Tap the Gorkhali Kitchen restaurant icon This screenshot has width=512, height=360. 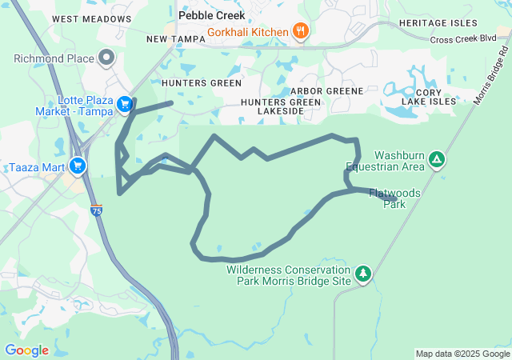pyautogui.click(x=300, y=32)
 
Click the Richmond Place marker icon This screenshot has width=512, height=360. pyautogui.click(x=106, y=58)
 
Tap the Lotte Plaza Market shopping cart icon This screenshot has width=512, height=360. pyautogui.click(x=124, y=104)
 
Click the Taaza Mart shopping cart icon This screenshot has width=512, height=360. pyautogui.click(x=78, y=166)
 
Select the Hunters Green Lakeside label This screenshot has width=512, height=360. pyautogui.click(x=279, y=106)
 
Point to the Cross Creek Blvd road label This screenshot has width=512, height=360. pyautogui.click(x=463, y=38)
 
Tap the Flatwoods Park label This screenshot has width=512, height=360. pyautogui.click(x=394, y=198)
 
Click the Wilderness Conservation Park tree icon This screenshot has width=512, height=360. pyautogui.click(x=363, y=274)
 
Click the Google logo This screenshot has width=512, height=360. pyautogui.click(x=26, y=350)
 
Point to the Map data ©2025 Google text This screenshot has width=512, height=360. pyautogui.click(x=462, y=354)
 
